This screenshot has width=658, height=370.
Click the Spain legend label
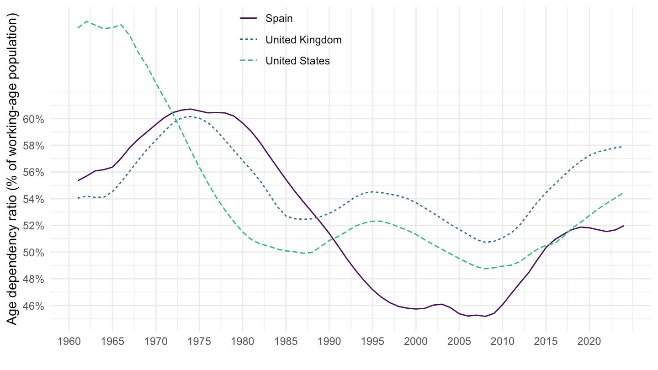click(279, 19)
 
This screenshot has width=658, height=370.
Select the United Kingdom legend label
click(303, 40)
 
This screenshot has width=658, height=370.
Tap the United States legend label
click(297, 61)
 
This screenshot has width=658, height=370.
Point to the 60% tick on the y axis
click(33, 119)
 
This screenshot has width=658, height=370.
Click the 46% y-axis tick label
click(33, 306)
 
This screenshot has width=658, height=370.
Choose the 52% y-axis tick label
click(33, 226)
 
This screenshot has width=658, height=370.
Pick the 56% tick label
click(33, 172)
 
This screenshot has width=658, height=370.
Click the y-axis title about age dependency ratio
click(13, 169)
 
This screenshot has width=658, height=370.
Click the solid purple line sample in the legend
click(249, 19)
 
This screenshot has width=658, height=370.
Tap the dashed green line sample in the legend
click(249, 61)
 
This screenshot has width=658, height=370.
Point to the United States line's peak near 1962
click(86, 21)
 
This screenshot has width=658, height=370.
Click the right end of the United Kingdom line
click(624, 147)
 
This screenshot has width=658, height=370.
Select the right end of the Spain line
click(624, 226)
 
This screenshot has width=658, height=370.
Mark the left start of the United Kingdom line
click(78, 198)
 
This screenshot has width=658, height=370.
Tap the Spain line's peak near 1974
click(190, 109)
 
